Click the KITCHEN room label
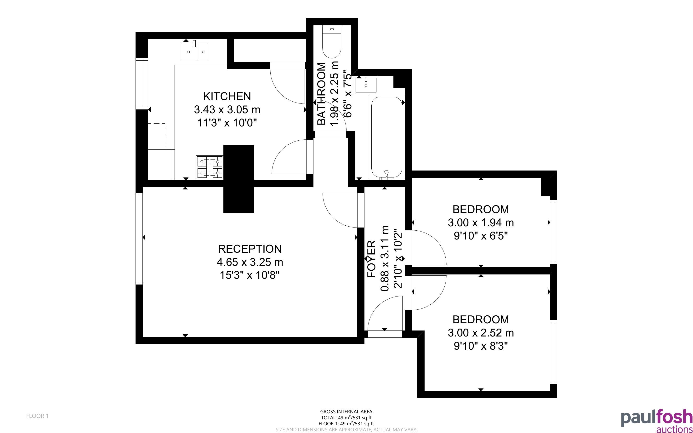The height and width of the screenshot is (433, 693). click(227, 97)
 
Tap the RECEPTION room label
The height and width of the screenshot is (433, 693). click(250, 249)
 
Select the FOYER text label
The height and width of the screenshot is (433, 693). click(371, 259)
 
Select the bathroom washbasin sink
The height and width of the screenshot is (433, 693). click(366, 85)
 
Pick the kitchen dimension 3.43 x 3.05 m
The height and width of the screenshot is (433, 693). click(227, 110)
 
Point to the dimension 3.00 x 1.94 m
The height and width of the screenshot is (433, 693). click(481, 223)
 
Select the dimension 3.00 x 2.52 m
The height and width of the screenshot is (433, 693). click(481, 333)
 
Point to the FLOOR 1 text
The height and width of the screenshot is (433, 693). click(38, 416)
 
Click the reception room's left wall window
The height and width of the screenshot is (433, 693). click(139, 238)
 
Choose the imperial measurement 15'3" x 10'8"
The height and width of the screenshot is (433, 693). click(249, 275)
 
